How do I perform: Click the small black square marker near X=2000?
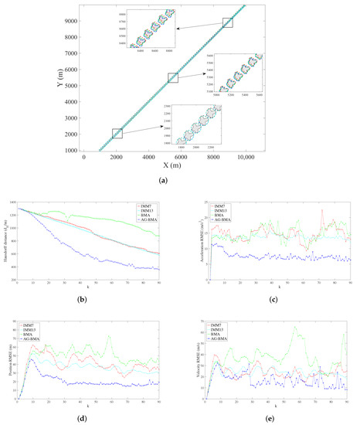[x=117, y=134]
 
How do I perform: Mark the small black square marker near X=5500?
[x=173, y=77]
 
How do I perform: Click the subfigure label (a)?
[x=179, y=179]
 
